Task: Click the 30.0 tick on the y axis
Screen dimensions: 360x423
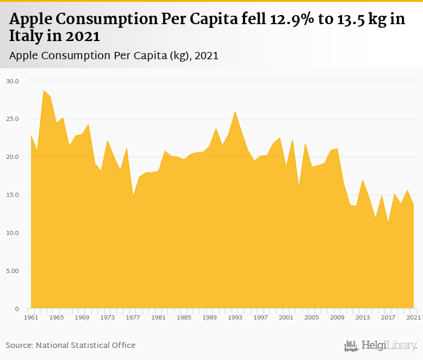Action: (13, 81)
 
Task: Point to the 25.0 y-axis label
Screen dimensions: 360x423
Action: (13, 119)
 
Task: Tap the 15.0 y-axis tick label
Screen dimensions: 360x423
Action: (13, 195)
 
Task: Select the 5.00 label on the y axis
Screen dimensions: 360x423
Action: (13, 271)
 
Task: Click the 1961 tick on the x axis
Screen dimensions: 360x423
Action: (31, 317)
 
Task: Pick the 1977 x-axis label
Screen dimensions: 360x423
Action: (133, 317)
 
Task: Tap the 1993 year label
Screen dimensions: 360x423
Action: (235, 317)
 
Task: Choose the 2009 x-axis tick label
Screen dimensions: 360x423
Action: (337, 317)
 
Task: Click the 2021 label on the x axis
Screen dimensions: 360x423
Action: (413, 317)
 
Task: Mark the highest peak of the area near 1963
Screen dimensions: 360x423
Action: (44, 91)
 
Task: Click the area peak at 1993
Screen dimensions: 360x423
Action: (235, 112)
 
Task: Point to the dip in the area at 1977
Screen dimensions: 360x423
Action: (133, 195)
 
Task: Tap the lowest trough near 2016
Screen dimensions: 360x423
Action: (388, 223)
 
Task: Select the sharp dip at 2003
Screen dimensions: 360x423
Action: (299, 189)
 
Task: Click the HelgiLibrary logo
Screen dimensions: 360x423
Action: (380, 346)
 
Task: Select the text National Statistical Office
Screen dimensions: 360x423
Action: (85, 346)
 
